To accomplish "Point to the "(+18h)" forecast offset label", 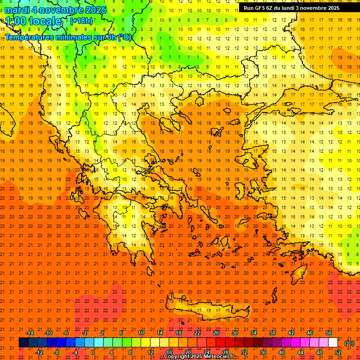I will tap(81, 21).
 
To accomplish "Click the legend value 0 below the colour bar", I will tap(93, 352).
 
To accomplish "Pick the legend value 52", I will tap(338, 352).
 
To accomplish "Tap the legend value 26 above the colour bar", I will tap(216, 333).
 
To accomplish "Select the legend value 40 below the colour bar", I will tap(282, 352).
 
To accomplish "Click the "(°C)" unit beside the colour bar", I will tap(349, 343).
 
